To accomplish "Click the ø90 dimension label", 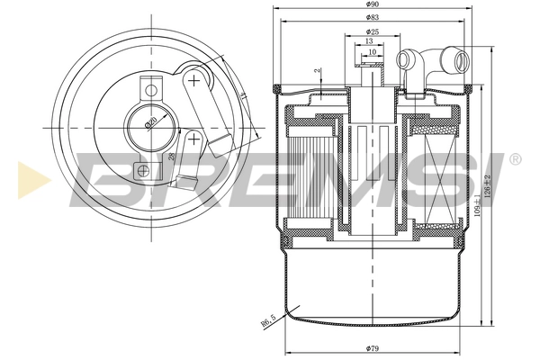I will click(x=371, y=5).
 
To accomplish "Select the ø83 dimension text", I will click(x=371, y=18).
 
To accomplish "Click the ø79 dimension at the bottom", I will click(x=371, y=348).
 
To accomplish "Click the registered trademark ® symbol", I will click(x=515, y=159).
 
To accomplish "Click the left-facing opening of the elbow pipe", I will click(x=404, y=62).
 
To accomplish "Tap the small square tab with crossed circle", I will click(x=139, y=168).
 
